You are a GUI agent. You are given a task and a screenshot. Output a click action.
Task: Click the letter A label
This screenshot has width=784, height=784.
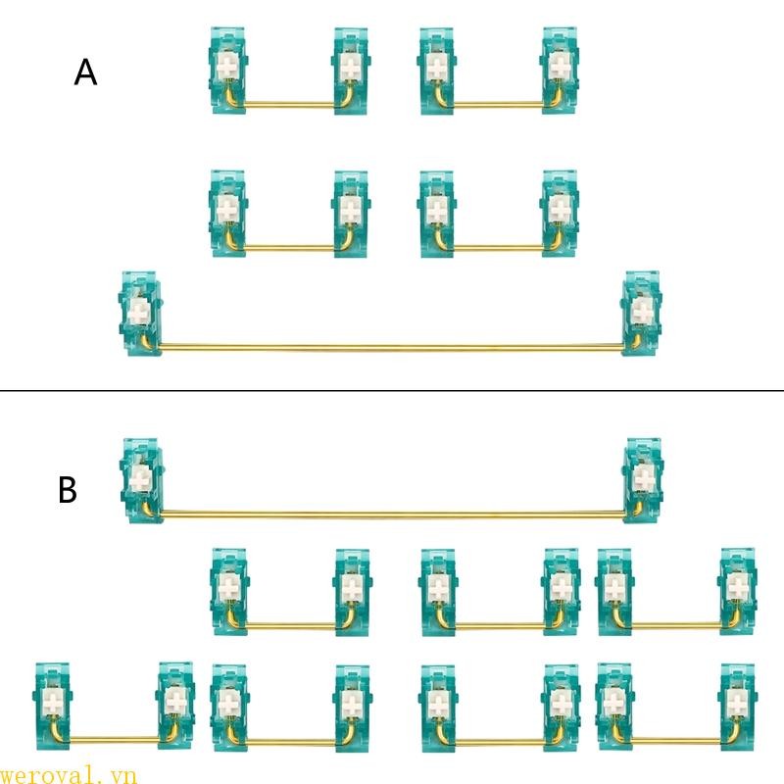(85, 73)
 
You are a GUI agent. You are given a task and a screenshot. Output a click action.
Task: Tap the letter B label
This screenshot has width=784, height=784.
(68, 489)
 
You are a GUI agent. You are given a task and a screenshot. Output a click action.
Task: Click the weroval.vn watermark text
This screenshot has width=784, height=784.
(68, 775)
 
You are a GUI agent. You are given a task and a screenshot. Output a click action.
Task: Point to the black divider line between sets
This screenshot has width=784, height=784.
(392, 390)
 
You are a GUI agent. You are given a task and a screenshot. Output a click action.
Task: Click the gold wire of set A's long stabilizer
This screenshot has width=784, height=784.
(391, 346)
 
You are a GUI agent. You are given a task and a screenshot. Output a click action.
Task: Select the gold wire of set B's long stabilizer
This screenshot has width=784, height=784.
(393, 513)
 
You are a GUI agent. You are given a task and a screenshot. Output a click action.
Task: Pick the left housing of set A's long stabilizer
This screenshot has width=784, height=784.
(140, 314)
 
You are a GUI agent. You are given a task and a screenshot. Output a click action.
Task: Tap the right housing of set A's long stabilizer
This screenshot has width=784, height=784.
(642, 314)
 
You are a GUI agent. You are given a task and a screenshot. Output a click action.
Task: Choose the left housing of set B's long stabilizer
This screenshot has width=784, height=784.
(141, 481)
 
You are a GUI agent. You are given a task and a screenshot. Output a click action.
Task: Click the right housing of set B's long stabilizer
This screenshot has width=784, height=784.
(643, 481)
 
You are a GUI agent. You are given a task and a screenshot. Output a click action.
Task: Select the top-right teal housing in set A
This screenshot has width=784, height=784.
(560, 71)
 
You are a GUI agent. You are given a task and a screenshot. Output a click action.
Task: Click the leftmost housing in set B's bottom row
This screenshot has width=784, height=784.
(53, 707)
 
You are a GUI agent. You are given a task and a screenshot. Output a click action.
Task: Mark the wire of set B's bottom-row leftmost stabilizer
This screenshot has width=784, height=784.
(114, 739)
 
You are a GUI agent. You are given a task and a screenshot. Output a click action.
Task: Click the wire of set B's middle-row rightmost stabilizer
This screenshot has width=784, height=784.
(676, 624)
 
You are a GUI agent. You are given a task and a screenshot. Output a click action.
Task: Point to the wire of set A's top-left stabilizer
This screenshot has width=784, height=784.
(288, 104)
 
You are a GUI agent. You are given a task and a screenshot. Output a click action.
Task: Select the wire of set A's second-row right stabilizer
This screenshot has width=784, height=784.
(498, 247)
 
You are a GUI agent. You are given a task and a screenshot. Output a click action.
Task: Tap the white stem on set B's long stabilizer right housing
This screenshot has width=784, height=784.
(644, 478)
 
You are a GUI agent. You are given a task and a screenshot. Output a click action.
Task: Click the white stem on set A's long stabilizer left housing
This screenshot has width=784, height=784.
(138, 311)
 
